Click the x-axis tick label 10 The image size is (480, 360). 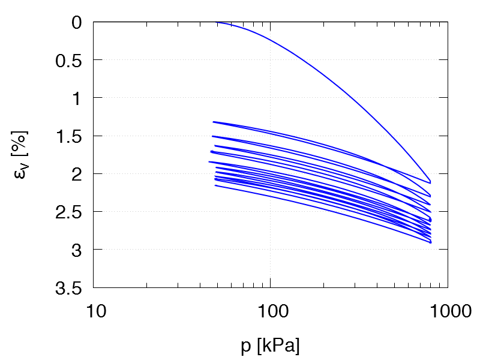pyautogui.click(x=94, y=312)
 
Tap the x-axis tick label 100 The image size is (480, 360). pyautogui.click(x=271, y=312)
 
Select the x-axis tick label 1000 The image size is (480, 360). pyautogui.click(x=448, y=312)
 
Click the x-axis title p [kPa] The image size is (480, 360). pyautogui.click(x=271, y=346)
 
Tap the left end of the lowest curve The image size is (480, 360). pyautogui.click(x=215, y=185)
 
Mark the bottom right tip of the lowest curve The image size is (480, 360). pyautogui.click(x=431, y=242)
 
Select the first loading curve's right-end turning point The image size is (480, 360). pyautogui.click(x=430, y=182)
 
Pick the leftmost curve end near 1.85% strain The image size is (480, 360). pyautogui.click(x=209, y=162)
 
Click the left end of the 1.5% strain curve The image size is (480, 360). pyautogui.click(x=212, y=136)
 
